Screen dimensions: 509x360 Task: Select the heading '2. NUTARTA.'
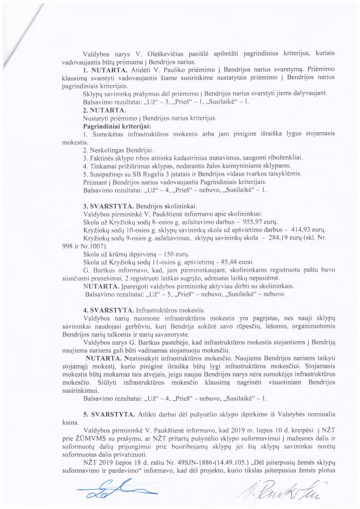(100, 110)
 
